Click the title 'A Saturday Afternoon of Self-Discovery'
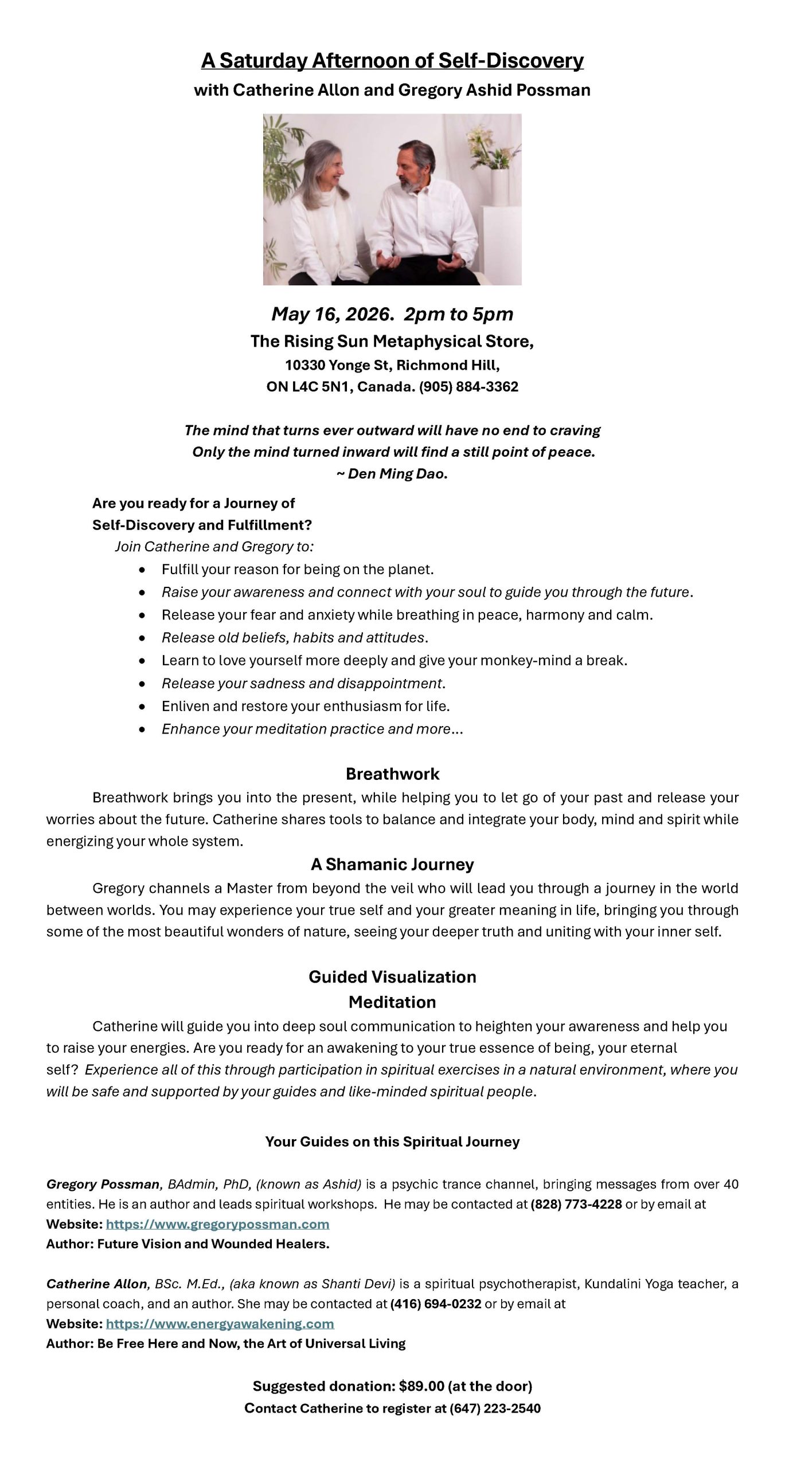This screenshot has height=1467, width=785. point(392,61)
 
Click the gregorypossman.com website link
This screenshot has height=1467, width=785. point(217,1224)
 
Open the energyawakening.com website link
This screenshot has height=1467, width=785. point(220,1324)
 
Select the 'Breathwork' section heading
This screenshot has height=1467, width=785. point(392,774)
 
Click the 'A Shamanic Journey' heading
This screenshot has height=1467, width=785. point(392,864)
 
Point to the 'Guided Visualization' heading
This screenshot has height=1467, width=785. point(392,976)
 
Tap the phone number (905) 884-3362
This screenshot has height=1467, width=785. point(468,387)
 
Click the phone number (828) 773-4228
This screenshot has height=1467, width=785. point(576,1204)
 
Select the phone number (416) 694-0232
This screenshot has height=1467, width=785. point(435,1304)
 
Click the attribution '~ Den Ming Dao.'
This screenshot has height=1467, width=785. point(392,474)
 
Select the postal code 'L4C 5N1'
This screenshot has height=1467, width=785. point(316,387)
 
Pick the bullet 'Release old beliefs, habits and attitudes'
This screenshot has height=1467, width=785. point(295,637)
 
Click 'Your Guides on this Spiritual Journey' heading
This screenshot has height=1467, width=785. point(392,1142)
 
